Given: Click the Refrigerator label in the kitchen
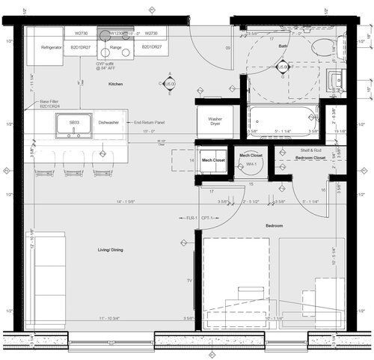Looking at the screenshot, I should (51, 47).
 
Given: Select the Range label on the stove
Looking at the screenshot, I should (116, 47).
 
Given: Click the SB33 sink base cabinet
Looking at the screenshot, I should (74, 122).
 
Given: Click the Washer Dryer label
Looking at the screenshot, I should (215, 120).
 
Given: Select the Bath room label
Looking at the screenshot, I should (283, 46).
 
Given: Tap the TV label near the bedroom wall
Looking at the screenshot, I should (189, 281).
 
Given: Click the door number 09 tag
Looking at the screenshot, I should (227, 47).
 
